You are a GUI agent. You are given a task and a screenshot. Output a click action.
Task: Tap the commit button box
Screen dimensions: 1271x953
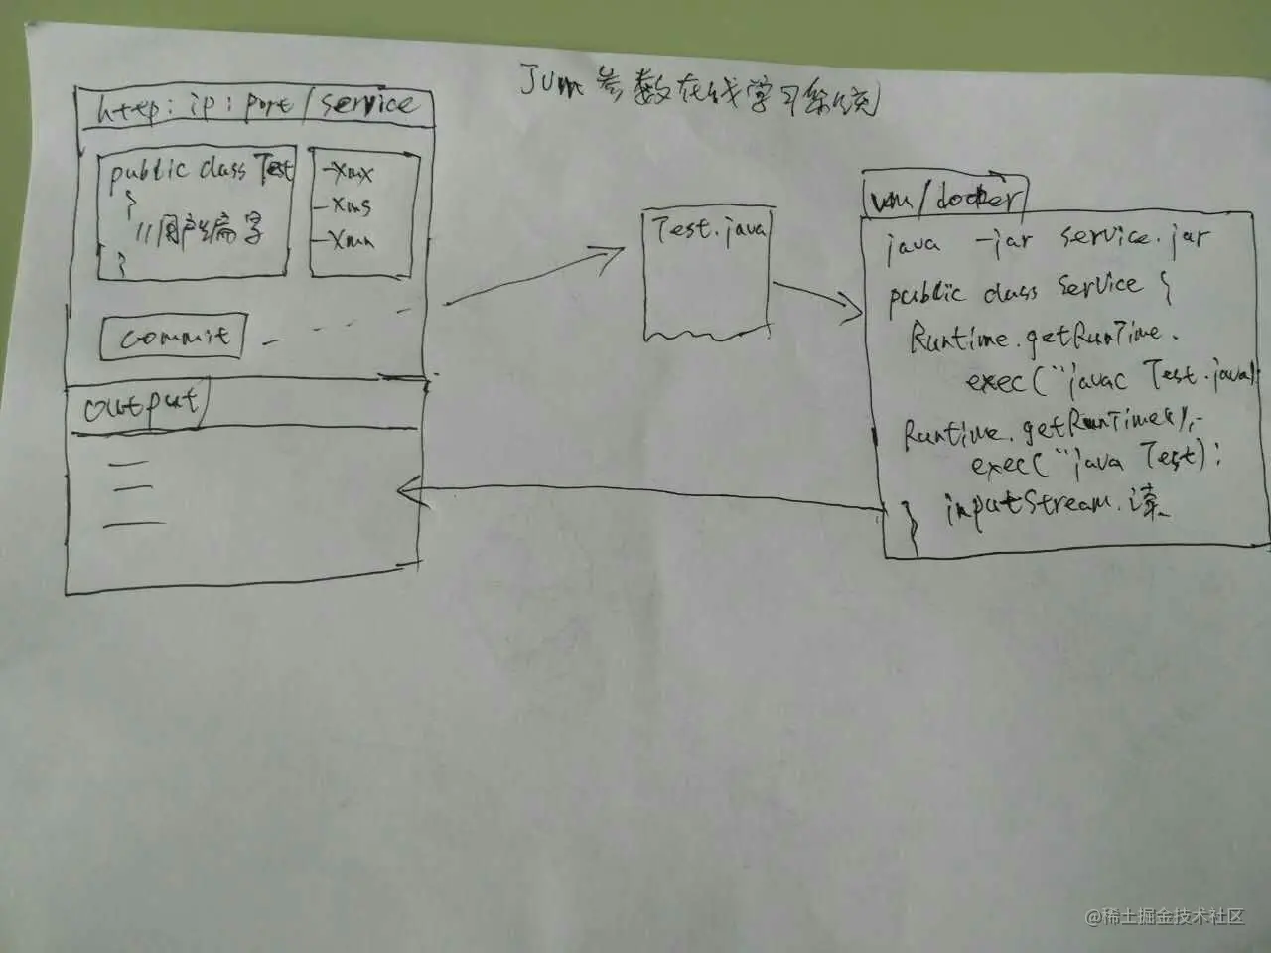pos(173,338)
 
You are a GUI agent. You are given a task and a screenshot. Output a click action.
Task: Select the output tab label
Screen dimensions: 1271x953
pos(139,406)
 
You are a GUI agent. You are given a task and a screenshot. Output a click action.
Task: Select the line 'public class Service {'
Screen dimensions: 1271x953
pos(1028,291)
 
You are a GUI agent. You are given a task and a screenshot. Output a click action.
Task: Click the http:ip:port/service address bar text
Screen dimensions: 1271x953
pos(254,107)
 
